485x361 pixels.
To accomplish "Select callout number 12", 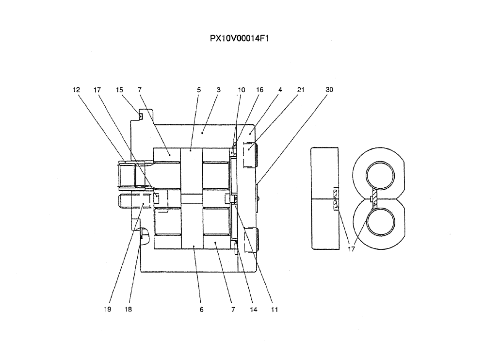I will (x=76, y=90).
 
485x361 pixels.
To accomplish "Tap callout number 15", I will (x=119, y=90).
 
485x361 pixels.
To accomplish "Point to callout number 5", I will (x=198, y=90).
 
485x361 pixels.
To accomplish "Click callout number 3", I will (x=218, y=90).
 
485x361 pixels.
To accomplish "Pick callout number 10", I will (x=242, y=90).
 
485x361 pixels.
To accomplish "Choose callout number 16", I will (x=260, y=90).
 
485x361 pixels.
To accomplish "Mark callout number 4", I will (x=280, y=90).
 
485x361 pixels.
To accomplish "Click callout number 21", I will (x=301, y=90).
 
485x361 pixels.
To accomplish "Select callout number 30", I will (x=329, y=90).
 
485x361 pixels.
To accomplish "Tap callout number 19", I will (x=108, y=309).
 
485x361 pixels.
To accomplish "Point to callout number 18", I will (x=128, y=309).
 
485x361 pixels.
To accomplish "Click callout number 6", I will (x=201, y=309).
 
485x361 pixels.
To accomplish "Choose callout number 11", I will (x=275, y=309).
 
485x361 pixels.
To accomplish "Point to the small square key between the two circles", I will (x=372, y=199).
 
